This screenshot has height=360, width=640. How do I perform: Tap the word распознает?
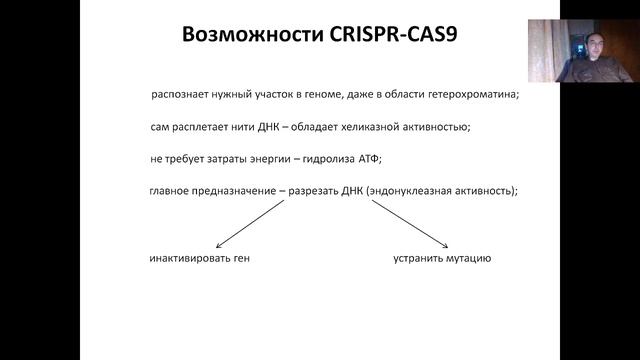[x=184, y=95]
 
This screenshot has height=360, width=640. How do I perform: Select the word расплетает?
[x=211, y=127]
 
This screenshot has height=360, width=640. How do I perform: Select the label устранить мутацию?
[x=441, y=258]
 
